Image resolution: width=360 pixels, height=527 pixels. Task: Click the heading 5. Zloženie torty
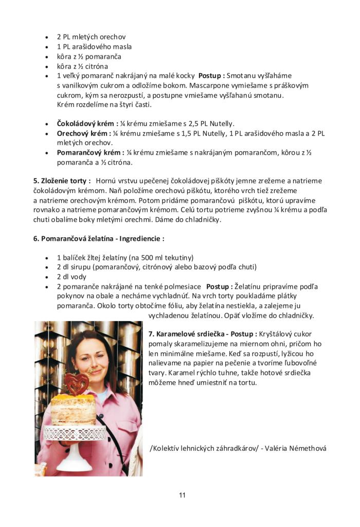click(x=62, y=181)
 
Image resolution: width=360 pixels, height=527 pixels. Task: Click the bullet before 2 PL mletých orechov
click(x=47, y=37)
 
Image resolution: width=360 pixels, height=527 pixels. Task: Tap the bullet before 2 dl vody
click(x=47, y=277)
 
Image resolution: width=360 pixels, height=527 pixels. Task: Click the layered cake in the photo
click(x=74, y=409)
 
